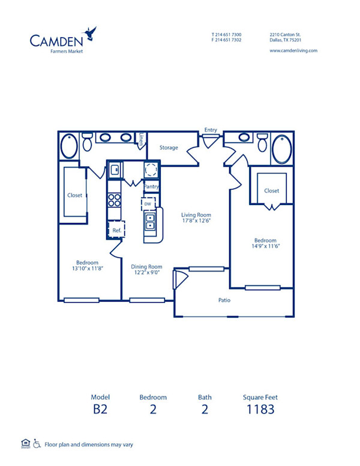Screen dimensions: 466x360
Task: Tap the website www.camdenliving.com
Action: click(x=293, y=51)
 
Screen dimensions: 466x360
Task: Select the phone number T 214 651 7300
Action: click(x=226, y=35)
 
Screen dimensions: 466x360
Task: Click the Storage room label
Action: click(x=169, y=148)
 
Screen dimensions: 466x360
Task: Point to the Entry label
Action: click(x=211, y=130)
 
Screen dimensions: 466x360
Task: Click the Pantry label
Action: click(x=152, y=187)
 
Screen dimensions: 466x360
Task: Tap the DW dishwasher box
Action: click(x=148, y=204)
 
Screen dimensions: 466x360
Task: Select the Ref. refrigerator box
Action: click(x=116, y=230)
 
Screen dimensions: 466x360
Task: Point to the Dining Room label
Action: click(x=147, y=267)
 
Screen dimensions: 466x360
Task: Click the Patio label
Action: click(x=224, y=300)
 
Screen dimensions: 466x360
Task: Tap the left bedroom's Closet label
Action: click(x=74, y=195)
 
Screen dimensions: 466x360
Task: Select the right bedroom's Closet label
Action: click(x=271, y=191)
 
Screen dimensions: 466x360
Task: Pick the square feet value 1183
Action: click(x=260, y=410)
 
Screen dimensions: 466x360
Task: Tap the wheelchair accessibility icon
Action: click(x=38, y=444)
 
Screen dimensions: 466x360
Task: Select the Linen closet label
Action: click(x=142, y=139)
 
